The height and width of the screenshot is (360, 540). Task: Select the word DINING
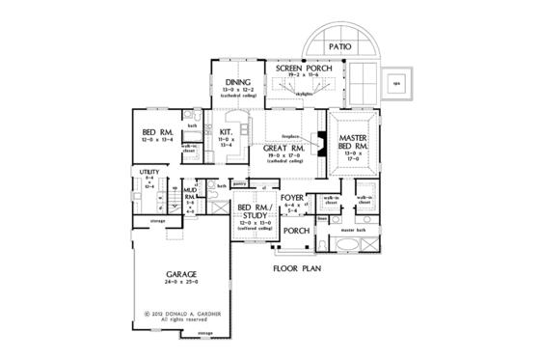pyautogui.click(x=237, y=82)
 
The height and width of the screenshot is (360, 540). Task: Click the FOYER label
pyautogui.click(x=293, y=197)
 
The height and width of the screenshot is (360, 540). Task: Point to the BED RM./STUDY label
pyautogui.click(x=254, y=212)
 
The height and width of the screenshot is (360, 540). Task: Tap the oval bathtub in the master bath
pyautogui.click(x=365, y=246)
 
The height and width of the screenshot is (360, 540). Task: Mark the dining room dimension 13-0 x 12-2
pyautogui.click(x=237, y=91)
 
